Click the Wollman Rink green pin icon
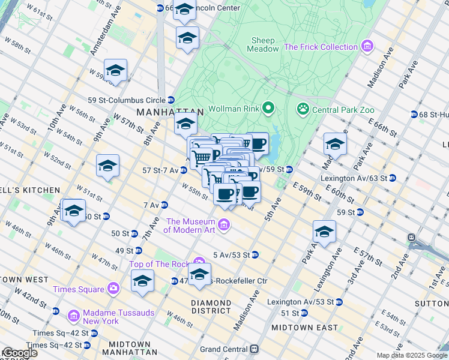[x=268, y=109]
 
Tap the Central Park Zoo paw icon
[x=303, y=109]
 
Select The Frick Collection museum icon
[x=367, y=47]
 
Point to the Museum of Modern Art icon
[x=224, y=226]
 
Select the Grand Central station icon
[x=255, y=349]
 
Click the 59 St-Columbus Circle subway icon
[x=171, y=100]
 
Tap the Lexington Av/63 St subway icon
[x=392, y=178]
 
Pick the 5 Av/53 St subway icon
[x=255, y=254]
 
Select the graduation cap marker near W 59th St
[x=115, y=71]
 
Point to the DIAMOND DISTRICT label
[x=211, y=307]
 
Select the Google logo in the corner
[x=19, y=353]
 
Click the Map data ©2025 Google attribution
[x=411, y=355]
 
